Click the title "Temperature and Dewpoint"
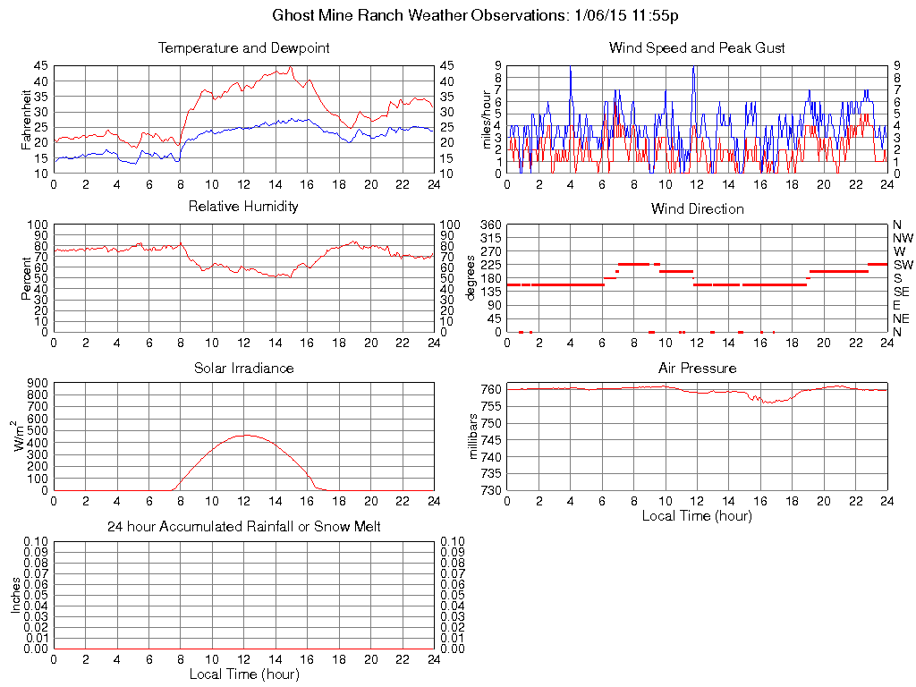tap(243, 48)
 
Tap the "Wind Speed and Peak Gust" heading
tap(697, 48)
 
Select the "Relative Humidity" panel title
tap(243, 207)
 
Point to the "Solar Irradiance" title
tap(243, 368)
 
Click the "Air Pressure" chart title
tap(697, 368)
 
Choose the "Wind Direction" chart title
tap(697, 209)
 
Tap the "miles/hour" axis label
tap(488, 119)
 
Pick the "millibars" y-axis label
tap(475, 438)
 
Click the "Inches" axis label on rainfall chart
tap(15, 595)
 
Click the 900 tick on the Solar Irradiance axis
tap(38, 383)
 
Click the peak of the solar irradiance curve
tap(245, 435)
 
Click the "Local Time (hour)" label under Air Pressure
tap(697, 515)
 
